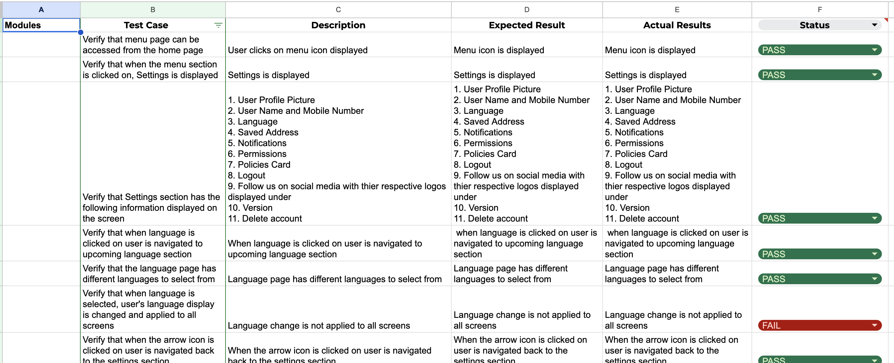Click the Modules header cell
pyautogui.click(x=41, y=25)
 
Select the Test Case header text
pyautogui.click(x=146, y=25)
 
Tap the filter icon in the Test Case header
pyautogui.click(x=218, y=25)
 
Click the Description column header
pyautogui.click(x=338, y=25)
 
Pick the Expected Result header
pyautogui.click(x=526, y=25)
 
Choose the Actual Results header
pyautogui.click(x=677, y=25)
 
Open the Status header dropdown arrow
pyautogui.click(x=874, y=25)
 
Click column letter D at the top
pyautogui.click(x=526, y=9)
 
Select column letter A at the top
pyautogui.click(x=41, y=9)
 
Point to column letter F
pyautogui.click(x=819, y=9)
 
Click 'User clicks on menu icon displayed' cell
pyautogui.click(x=297, y=50)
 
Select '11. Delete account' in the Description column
pyautogui.click(x=265, y=219)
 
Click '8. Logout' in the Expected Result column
pyautogui.click(x=472, y=165)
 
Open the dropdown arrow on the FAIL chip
pyautogui.click(x=874, y=325)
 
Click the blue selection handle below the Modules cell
pyautogui.click(x=81, y=32)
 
